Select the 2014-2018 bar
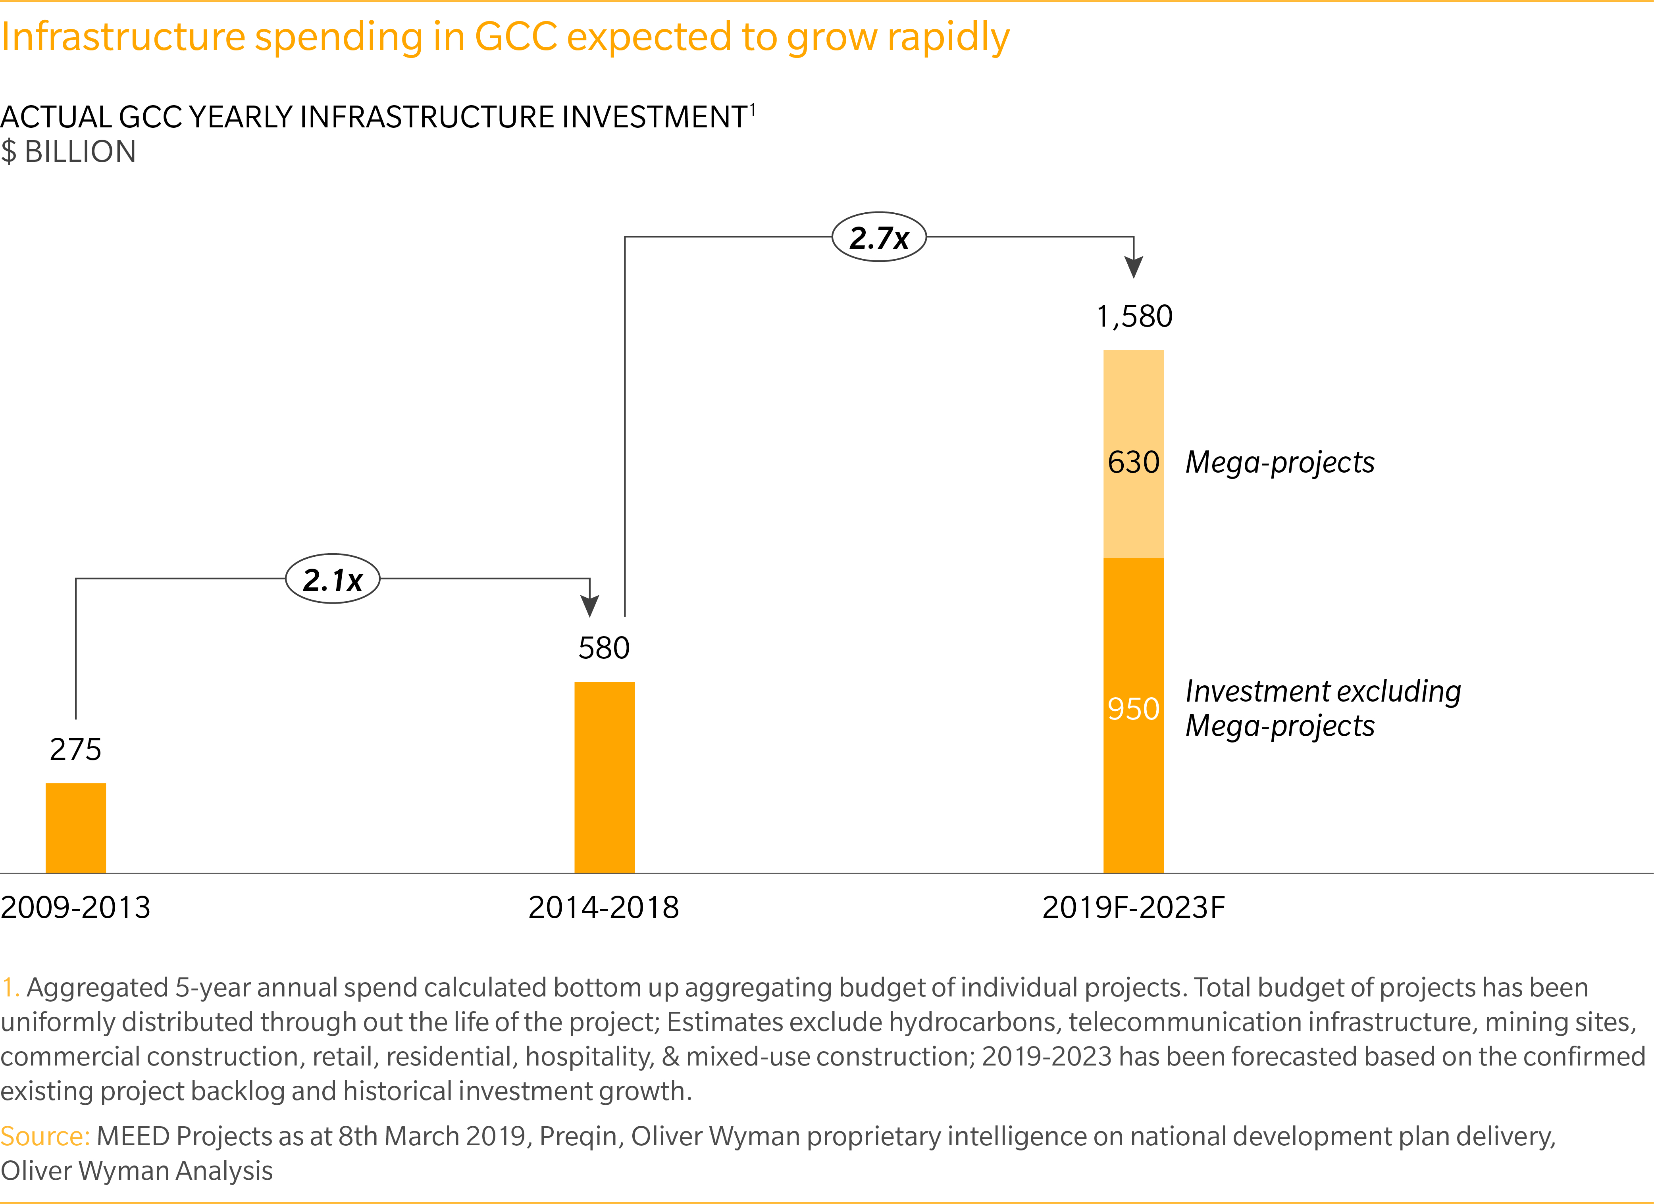click(605, 777)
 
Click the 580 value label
click(604, 648)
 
